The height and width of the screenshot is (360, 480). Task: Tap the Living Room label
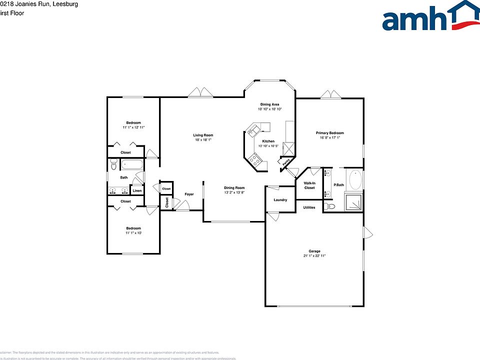(203, 135)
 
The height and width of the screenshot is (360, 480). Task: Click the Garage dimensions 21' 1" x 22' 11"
(314, 255)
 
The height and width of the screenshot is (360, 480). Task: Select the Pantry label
(285, 162)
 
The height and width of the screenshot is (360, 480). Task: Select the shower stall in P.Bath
(355, 202)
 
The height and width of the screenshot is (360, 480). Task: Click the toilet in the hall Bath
(113, 163)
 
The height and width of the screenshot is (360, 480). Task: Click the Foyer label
(189, 194)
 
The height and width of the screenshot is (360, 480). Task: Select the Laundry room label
(280, 200)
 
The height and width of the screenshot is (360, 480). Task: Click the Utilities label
(309, 207)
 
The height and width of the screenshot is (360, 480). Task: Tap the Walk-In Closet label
(309, 185)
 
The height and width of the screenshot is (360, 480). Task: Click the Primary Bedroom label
(329, 133)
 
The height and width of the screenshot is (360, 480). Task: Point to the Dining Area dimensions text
(270, 109)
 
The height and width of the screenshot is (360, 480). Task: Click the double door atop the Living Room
(200, 93)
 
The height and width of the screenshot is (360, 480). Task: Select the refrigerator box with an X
(288, 149)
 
